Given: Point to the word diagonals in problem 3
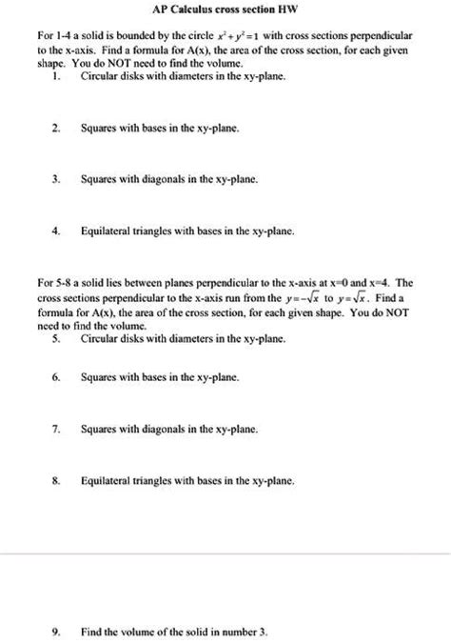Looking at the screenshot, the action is pyautogui.click(x=167, y=177).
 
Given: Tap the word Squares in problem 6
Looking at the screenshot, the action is pyautogui.click(x=99, y=377).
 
